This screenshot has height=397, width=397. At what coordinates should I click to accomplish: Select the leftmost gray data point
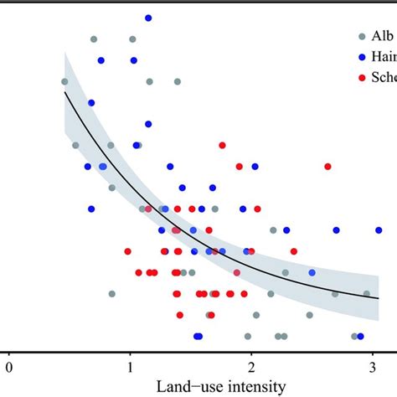tap(64, 81)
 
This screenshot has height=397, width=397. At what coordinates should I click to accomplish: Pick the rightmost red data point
tap(327, 166)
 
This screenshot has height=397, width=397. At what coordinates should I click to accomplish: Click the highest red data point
tap(222, 145)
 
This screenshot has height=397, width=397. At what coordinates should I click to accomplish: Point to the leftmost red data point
tap(128, 250)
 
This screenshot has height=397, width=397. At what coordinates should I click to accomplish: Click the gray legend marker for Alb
tap(361, 36)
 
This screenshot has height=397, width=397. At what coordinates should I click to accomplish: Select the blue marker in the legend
tap(361, 57)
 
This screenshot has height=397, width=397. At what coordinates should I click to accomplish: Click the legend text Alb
tap(382, 36)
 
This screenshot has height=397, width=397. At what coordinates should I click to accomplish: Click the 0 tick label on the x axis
tap(9, 366)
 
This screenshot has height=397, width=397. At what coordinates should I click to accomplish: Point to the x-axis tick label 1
tap(130, 366)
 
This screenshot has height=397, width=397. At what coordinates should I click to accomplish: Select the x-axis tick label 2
tap(250, 366)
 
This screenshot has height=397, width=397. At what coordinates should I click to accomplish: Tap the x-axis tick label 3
tap(371, 366)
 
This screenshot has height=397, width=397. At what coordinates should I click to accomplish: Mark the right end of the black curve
tap(379, 297)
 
